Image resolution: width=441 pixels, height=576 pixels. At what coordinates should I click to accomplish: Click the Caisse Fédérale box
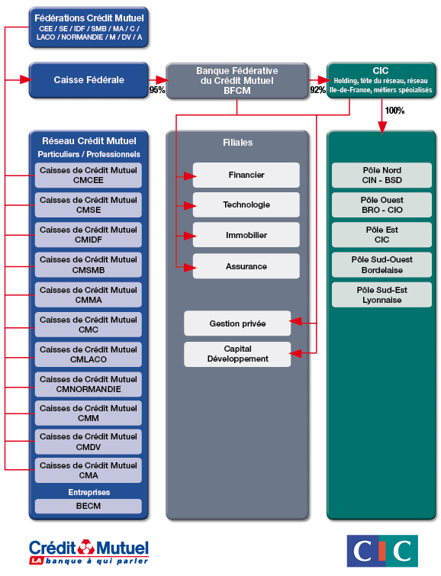point(89,80)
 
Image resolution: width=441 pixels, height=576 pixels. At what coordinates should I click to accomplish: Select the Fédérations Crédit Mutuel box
point(89,26)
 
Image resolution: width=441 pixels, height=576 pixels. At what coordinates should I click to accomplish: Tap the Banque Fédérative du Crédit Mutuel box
point(237,80)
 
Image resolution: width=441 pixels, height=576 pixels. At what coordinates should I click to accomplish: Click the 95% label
point(157,90)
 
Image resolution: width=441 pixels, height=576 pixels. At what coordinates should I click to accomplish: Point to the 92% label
point(317,90)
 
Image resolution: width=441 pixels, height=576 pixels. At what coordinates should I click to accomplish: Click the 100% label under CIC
point(394,111)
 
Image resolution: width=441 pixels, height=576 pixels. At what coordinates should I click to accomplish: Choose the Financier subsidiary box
point(246,175)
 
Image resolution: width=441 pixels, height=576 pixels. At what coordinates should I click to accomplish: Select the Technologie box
point(246,205)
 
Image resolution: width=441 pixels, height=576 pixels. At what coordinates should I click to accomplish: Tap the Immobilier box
point(246,236)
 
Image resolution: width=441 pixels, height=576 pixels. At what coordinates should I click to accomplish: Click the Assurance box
point(246,266)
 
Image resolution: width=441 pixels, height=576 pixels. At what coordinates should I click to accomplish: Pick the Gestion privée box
point(237,323)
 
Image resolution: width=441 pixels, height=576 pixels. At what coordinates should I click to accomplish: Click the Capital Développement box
point(237,354)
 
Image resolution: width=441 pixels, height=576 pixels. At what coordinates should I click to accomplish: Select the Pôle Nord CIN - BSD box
point(381,175)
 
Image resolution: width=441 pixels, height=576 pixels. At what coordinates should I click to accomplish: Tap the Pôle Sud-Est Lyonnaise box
point(381,295)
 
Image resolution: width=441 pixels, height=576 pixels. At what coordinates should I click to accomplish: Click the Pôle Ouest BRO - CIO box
point(381,205)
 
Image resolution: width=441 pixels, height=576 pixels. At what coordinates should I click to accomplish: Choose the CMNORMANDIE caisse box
point(89,384)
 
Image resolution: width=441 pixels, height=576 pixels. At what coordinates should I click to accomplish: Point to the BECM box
point(89,506)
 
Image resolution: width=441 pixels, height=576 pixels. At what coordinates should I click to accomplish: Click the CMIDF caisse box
point(89,234)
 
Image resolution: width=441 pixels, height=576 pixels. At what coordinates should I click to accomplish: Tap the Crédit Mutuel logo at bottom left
point(89,551)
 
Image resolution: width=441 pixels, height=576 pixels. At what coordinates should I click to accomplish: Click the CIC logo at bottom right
point(382,551)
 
